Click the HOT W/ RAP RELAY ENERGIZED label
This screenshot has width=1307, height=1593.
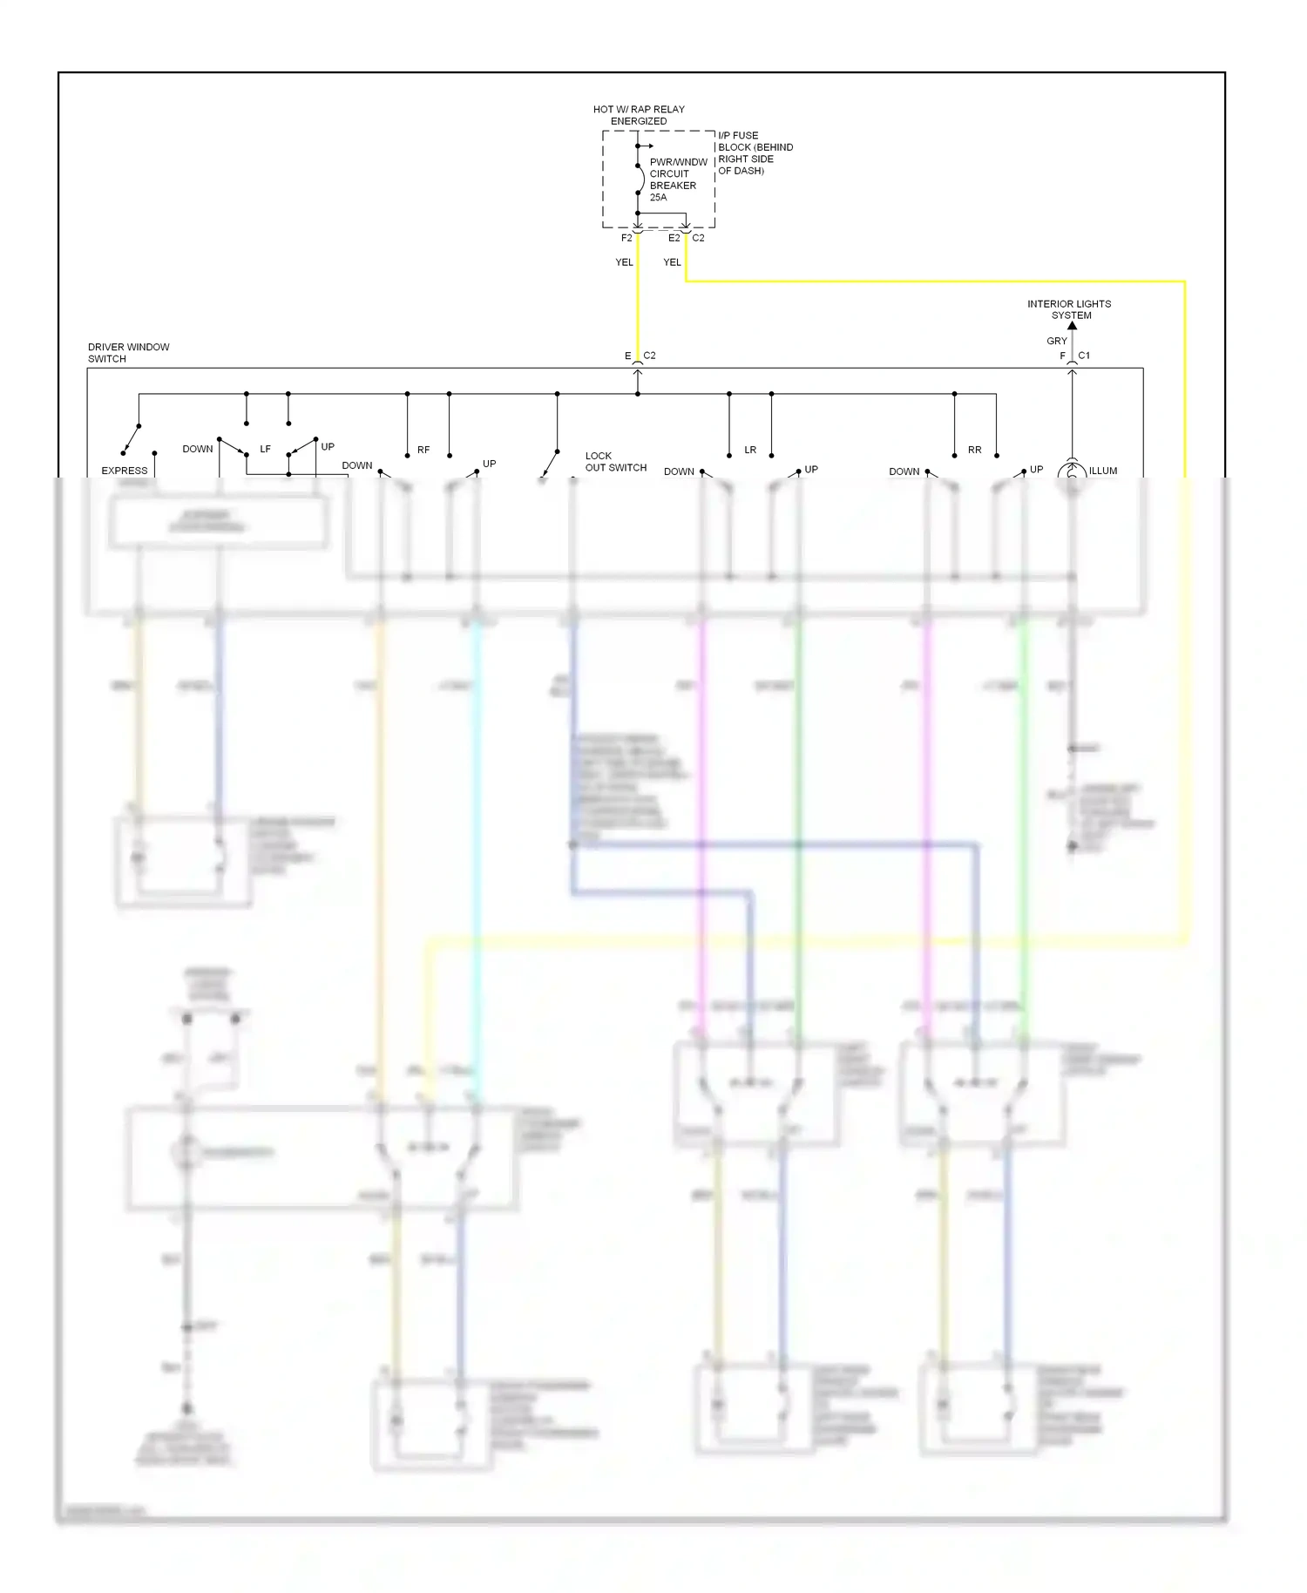click(x=638, y=115)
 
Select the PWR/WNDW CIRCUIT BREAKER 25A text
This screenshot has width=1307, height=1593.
click(x=677, y=180)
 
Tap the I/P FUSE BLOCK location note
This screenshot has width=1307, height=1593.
click(x=755, y=153)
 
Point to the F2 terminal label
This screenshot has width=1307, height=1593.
click(x=626, y=238)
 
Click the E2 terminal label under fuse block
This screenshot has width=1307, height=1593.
click(x=674, y=238)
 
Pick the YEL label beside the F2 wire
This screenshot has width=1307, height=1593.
click(x=624, y=262)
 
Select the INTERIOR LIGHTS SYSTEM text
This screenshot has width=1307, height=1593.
click(x=1069, y=309)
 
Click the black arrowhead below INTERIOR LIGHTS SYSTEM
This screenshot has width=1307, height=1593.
click(x=1073, y=326)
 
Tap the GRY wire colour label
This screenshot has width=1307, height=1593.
click(x=1056, y=341)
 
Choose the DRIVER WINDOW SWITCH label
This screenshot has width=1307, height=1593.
click(x=128, y=353)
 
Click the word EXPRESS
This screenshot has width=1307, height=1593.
click(x=125, y=471)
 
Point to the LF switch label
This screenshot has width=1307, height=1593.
click(x=265, y=450)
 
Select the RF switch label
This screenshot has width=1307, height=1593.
click(x=423, y=451)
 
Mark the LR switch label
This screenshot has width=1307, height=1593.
click(x=750, y=451)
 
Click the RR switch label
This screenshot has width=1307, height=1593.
click(x=974, y=451)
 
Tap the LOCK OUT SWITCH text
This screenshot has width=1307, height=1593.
click(x=615, y=462)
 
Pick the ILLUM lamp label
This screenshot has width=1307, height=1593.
click(x=1102, y=471)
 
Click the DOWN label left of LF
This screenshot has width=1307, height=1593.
click(x=197, y=450)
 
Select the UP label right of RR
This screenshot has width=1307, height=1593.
click(x=1036, y=470)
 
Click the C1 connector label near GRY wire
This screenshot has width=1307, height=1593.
click(x=1084, y=356)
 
